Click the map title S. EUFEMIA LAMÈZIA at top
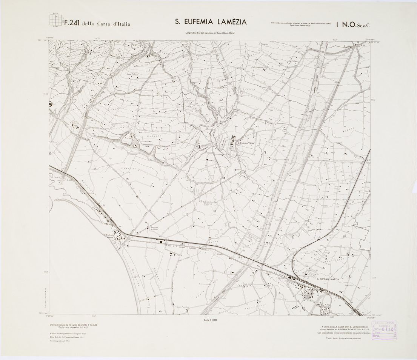coord(211,22)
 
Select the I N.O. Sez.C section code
coord(356,25)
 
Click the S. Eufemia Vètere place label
coord(246,143)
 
